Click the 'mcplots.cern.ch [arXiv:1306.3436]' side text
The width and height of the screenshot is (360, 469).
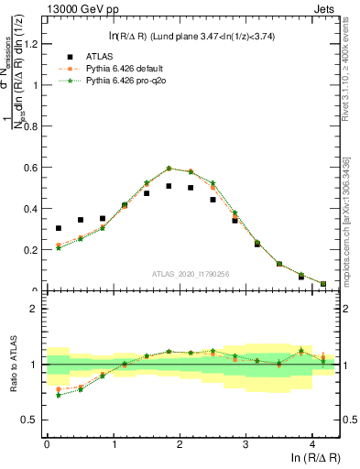(352, 215)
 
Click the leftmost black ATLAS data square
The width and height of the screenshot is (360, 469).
(59, 228)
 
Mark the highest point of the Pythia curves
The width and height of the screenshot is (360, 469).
(169, 169)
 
